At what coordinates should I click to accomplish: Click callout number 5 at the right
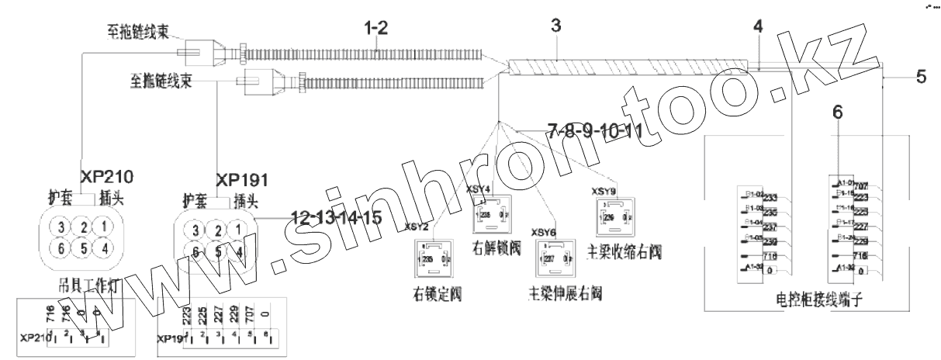pos(919,77)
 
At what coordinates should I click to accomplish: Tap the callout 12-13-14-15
pos(336,218)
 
